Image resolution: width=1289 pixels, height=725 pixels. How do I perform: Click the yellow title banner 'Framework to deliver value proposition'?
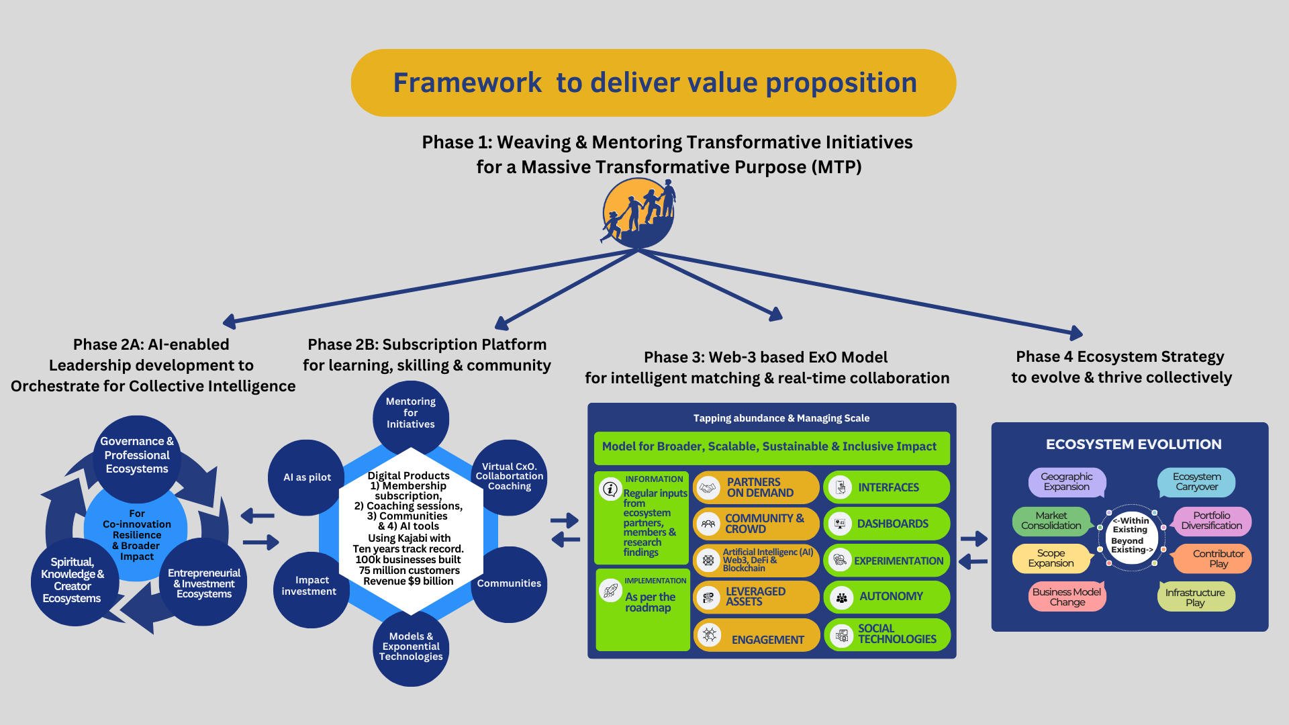[x=653, y=83]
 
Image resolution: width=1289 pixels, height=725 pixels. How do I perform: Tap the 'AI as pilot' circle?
[x=307, y=477]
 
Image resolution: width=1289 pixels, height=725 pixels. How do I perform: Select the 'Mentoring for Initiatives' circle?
[x=411, y=414]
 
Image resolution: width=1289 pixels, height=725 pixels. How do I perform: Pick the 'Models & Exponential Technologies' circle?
[x=411, y=648]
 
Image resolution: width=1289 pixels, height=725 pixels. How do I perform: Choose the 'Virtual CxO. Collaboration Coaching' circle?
[x=510, y=477]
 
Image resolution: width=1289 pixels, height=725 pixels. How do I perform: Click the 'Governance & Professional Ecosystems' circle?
[x=137, y=456]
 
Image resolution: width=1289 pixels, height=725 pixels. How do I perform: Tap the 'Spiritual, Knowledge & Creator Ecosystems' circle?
[x=72, y=581]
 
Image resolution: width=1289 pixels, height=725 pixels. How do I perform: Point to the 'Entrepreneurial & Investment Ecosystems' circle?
[x=204, y=583]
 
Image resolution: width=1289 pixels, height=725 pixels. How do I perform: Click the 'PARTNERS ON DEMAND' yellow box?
[x=756, y=487]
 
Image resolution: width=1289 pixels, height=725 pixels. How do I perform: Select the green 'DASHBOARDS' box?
[x=886, y=524]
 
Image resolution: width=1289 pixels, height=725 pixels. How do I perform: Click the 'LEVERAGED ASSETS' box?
[x=756, y=597]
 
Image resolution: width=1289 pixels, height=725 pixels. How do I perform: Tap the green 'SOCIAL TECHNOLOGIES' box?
[x=886, y=634]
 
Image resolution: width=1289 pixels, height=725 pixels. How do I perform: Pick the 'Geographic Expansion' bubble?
[x=1066, y=482]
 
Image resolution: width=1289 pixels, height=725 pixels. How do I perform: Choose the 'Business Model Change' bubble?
[x=1066, y=597]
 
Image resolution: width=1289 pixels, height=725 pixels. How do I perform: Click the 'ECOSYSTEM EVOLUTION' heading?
[x=1133, y=444]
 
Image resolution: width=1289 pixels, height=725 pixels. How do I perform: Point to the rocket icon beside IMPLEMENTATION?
[x=611, y=591]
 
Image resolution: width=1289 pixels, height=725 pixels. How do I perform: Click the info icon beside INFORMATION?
[x=610, y=489]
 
